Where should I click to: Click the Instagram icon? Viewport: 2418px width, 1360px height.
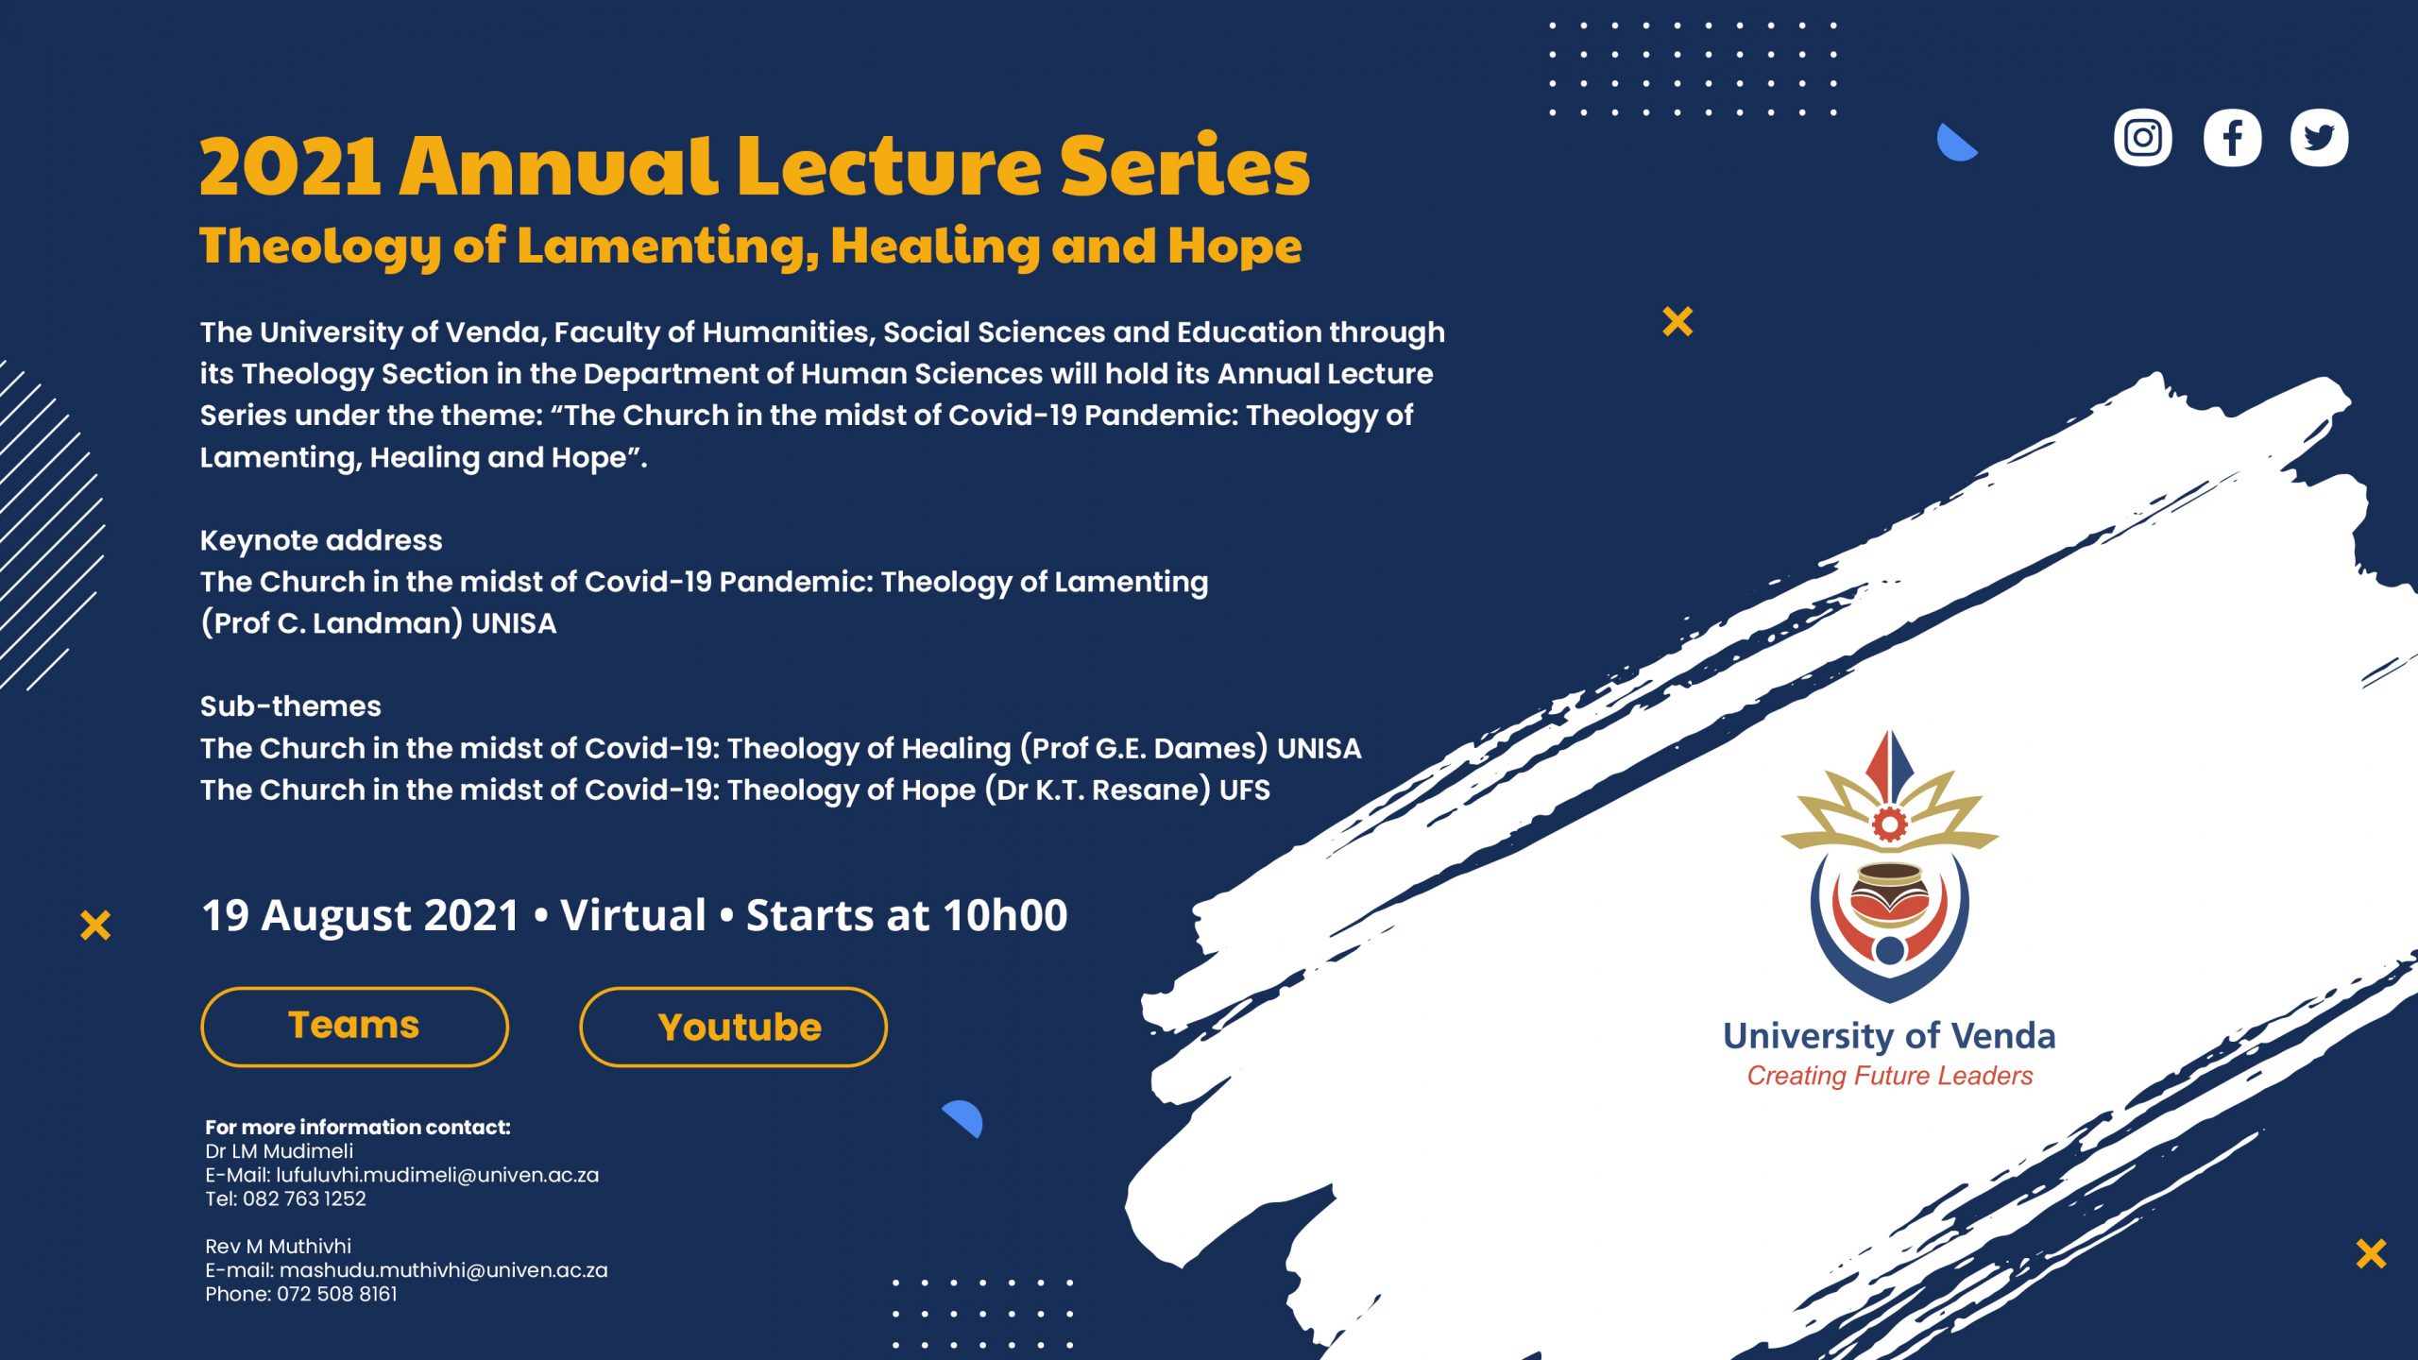click(x=2142, y=138)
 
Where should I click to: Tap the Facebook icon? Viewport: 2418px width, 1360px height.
click(x=2232, y=138)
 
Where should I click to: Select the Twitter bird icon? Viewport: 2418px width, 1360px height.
click(x=2319, y=138)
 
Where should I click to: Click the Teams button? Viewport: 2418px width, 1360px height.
click(x=354, y=1027)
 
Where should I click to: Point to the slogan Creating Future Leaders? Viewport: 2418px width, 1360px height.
click(x=1889, y=1076)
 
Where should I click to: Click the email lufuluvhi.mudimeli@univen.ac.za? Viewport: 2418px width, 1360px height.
click(x=437, y=1175)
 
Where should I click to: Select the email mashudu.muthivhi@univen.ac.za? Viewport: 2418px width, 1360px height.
click(x=443, y=1270)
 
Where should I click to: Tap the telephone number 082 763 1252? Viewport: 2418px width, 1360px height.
click(x=304, y=1198)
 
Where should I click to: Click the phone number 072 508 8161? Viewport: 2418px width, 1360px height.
click(x=337, y=1294)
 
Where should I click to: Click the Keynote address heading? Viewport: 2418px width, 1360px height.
click(x=321, y=540)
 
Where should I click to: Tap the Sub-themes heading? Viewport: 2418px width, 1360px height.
click(x=291, y=706)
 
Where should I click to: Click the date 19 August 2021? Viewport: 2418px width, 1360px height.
click(x=361, y=915)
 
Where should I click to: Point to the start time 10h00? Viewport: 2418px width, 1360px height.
click(x=1005, y=915)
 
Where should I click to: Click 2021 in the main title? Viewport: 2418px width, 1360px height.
click(x=290, y=166)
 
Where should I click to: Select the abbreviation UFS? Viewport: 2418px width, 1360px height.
click(x=1245, y=790)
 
